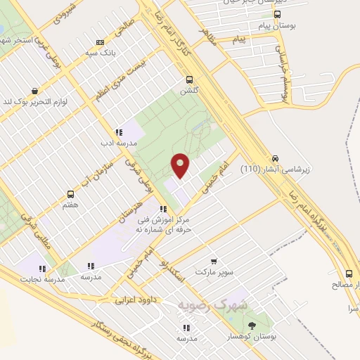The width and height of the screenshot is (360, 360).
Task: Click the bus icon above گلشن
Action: tap(188, 79)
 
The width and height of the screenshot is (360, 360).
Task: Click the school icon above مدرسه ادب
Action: tap(119, 132)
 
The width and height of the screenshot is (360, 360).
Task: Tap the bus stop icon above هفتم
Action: tap(70, 194)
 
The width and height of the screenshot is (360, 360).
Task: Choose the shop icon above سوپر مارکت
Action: tap(214, 261)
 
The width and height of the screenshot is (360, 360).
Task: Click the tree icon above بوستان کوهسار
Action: tap(252, 326)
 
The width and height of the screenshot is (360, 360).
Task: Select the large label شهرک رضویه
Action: tap(214, 306)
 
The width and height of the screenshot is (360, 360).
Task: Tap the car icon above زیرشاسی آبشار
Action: tap(275, 158)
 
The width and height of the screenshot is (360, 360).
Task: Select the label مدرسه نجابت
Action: tap(45, 279)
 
